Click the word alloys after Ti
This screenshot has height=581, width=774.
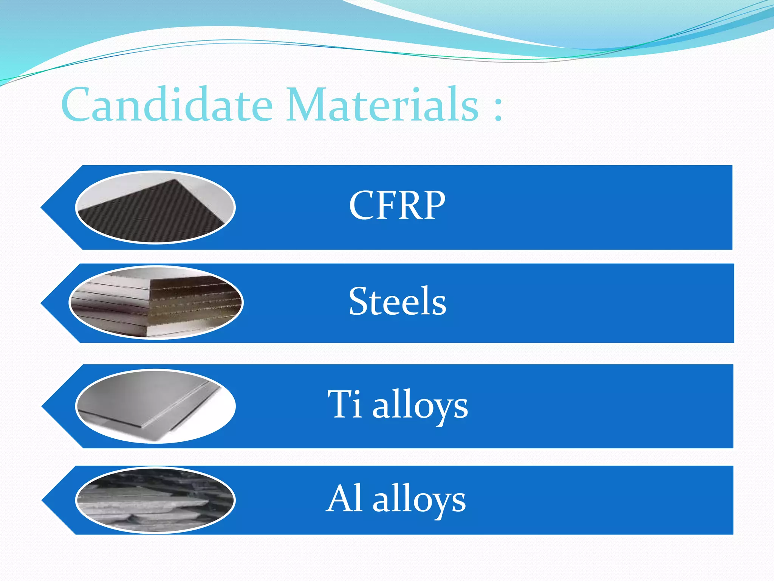(420, 407)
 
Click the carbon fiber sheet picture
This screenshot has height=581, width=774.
(155, 207)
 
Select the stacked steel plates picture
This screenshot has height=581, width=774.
(156, 303)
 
